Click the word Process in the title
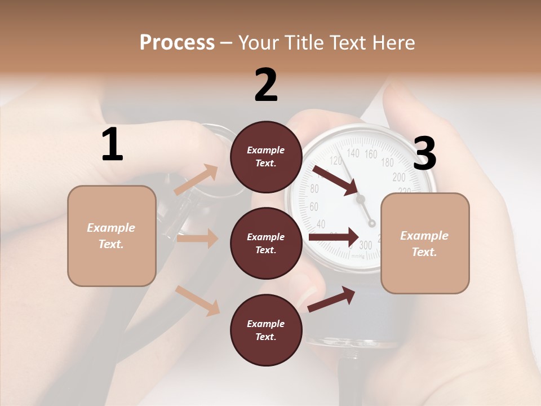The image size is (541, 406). (177, 42)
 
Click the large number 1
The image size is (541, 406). (112, 145)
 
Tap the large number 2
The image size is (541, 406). (266, 85)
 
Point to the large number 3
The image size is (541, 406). (424, 153)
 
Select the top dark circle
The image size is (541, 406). (266, 157)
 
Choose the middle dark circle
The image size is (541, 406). (266, 243)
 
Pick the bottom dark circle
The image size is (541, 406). (266, 330)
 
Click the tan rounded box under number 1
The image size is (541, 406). (112, 236)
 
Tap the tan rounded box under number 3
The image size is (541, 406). (425, 243)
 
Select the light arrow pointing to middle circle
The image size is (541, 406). (197, 239)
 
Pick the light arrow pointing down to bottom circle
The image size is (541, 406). (198, 300)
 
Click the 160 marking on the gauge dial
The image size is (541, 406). (371, 154)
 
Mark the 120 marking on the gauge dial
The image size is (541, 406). (336, 161)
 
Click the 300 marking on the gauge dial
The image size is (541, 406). (365, 245)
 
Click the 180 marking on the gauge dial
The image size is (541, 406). (388, 163)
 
